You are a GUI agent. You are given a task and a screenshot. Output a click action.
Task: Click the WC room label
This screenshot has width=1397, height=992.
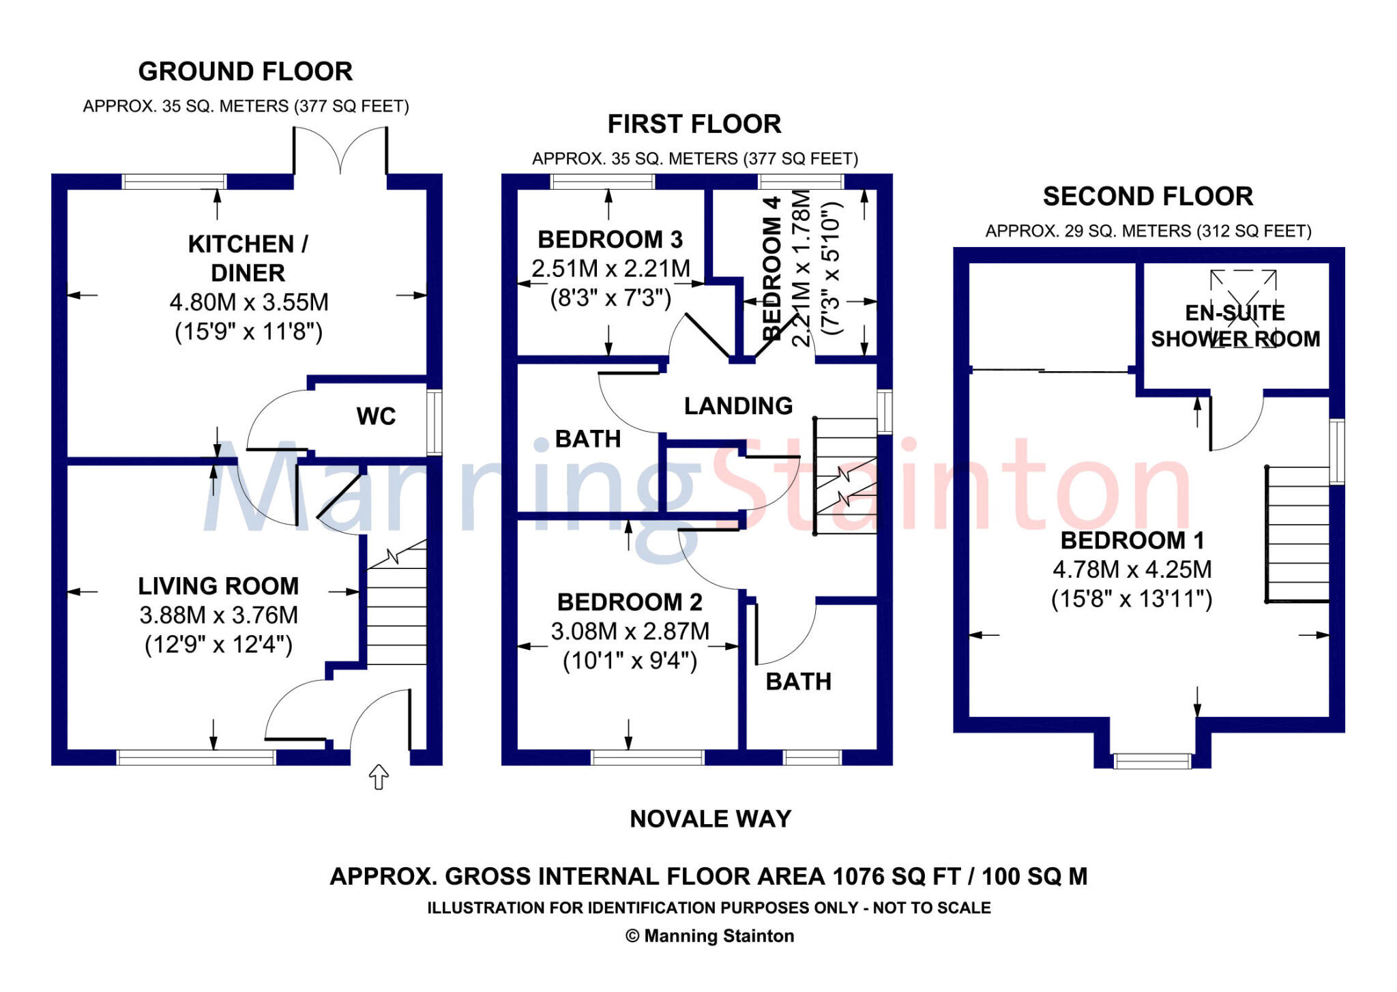point(376,416)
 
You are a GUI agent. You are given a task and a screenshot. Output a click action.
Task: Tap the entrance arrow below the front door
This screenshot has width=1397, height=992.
point(379,776)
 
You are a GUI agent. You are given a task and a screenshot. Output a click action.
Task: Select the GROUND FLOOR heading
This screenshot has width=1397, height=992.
point(246,72)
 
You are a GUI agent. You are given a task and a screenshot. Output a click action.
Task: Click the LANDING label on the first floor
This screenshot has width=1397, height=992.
point(738,406)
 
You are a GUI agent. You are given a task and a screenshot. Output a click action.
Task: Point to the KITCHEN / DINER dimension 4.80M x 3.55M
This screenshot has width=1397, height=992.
point(249,302)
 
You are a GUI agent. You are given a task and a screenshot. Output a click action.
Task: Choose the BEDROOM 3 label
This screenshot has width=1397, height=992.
point(610,239)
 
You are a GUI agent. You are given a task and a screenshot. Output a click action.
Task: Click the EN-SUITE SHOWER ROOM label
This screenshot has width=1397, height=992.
point(1235,326)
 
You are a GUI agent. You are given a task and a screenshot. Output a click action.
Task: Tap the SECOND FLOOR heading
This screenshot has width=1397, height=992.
point(1148,196)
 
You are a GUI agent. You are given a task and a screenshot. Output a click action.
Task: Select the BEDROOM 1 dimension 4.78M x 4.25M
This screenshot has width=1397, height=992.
point(1132,569)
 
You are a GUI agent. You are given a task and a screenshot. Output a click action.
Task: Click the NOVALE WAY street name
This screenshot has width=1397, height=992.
point(710,819)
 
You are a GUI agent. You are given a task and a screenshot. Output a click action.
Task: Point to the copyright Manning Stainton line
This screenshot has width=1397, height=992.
point(710,936)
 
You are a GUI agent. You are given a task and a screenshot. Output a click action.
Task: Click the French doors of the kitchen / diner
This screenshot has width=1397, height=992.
point(340,151)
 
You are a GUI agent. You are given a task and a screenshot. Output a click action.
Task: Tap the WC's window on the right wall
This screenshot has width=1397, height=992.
point(435,422)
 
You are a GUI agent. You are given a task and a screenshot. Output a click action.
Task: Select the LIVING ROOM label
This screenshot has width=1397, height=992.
point(218,586)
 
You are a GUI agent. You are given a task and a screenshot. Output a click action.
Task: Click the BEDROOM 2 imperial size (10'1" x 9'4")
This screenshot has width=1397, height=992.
point(630,661)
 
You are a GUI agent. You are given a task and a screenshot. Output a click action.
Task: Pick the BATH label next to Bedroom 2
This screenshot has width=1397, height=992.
point(798,682)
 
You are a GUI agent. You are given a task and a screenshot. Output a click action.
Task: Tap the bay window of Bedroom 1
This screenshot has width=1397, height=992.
point(1152,761)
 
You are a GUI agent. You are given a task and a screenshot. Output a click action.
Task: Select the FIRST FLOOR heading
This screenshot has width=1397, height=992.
point(694,124)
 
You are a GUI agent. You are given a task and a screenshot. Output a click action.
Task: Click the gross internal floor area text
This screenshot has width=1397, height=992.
point(709,876)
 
